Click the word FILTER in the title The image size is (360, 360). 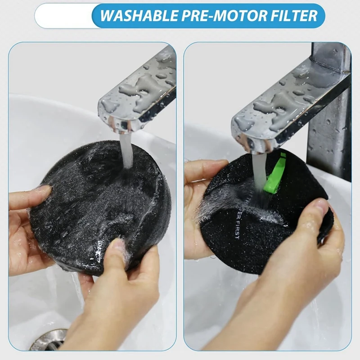click(293, 16)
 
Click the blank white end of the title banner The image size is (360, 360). click(63, 16)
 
